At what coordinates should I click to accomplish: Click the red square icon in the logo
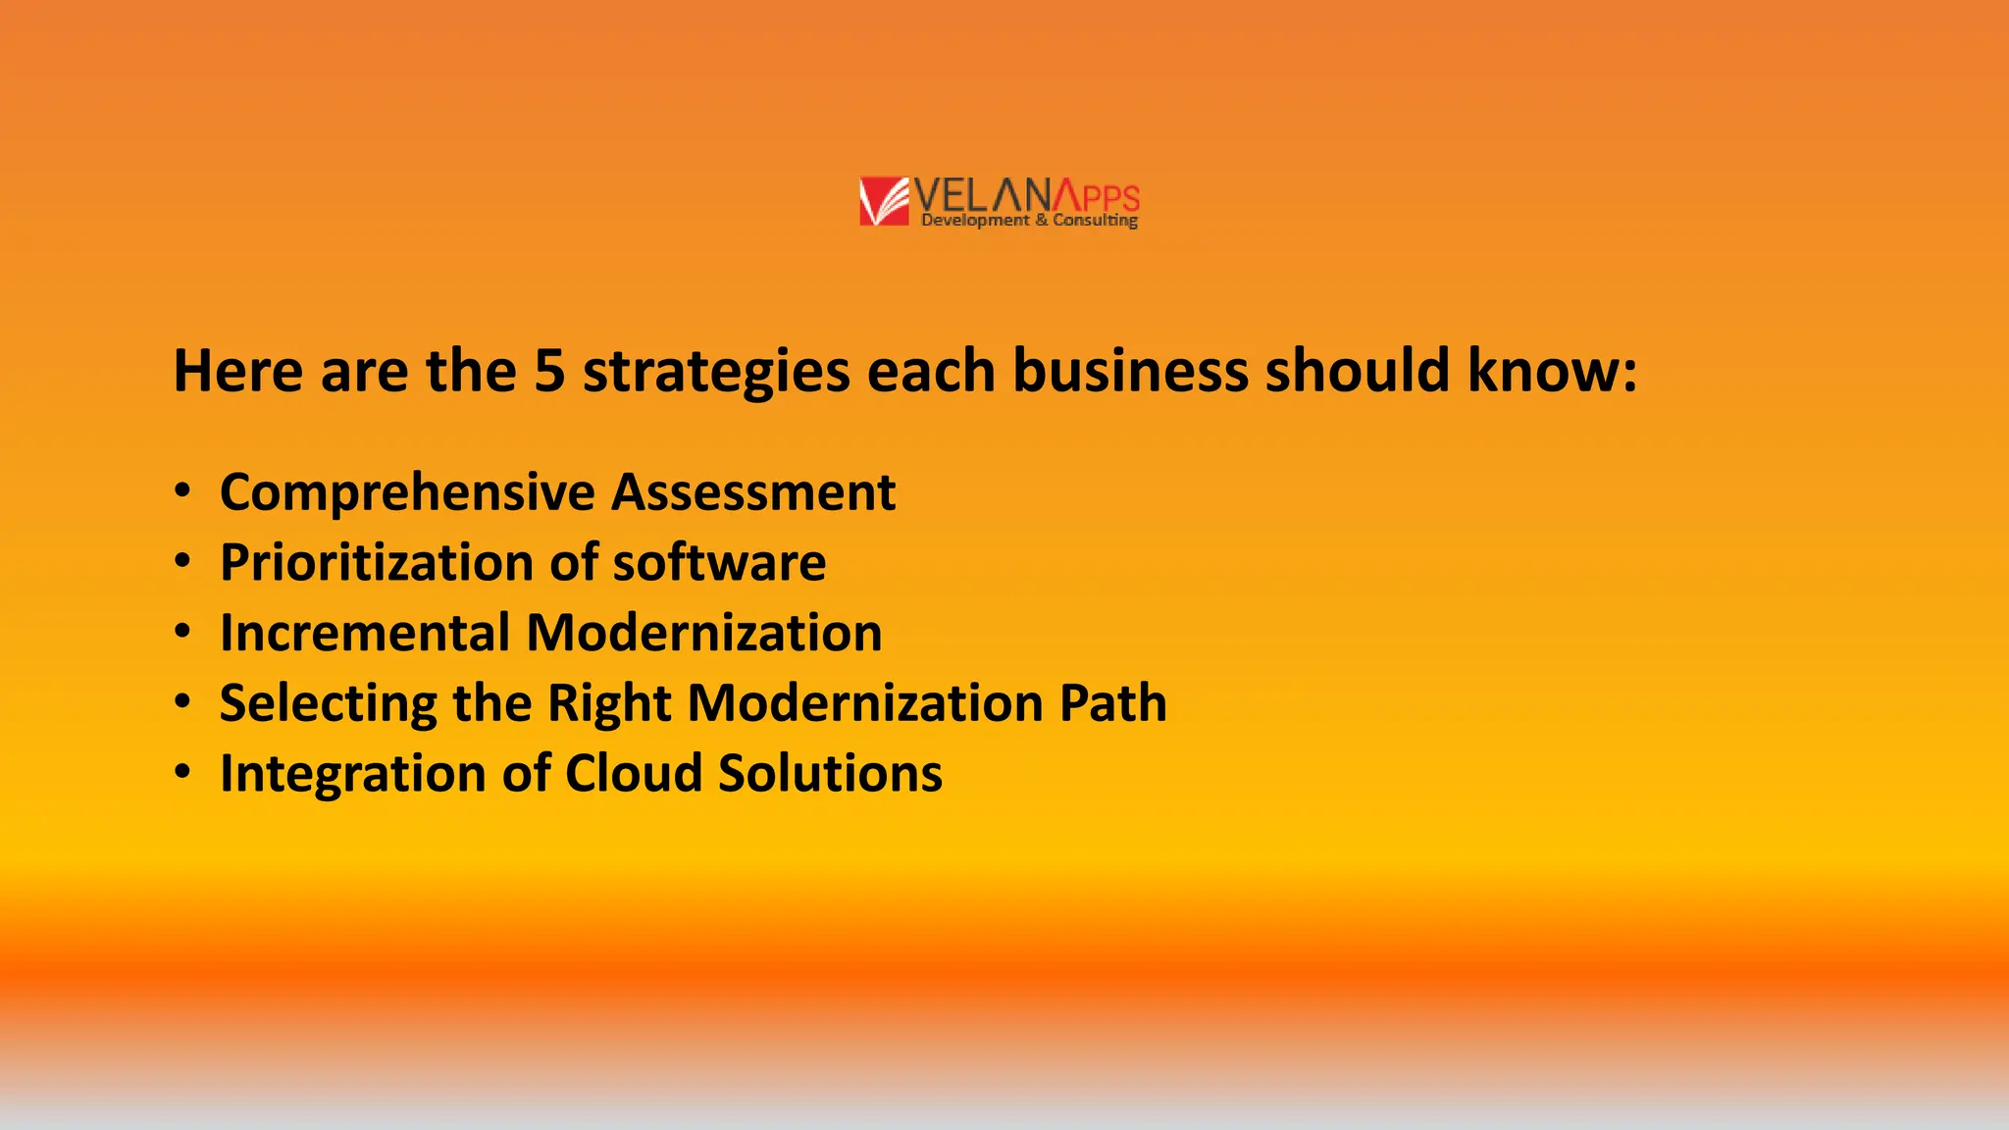pyautogui.click(x=884, y=201)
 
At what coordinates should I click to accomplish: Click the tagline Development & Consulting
pyautogui.click(x=1029, y=221)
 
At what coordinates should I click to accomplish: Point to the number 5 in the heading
pyautogui.click(x=549, y=371)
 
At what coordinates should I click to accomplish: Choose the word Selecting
pyautogui.click(x=328, y=704)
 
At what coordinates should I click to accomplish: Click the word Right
pyautogui.click(x=608, y=704)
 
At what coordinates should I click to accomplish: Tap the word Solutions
pyautogui.click(x=830, y=773)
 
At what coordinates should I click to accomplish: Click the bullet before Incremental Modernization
pyautogui.click(x=182, y=631)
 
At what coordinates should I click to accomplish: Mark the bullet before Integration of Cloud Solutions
pyautogui.click(x=182, y=772)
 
